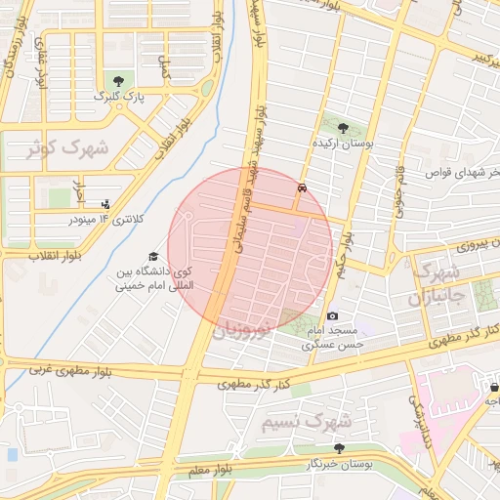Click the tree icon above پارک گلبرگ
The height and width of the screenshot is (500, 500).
coord(119,79)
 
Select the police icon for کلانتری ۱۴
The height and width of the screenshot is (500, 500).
coord(105,204)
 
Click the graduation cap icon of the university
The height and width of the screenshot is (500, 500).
coord(153,256)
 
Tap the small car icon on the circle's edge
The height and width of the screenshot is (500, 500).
coord(303,186)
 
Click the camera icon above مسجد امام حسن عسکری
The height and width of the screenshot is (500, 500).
coord(333,315)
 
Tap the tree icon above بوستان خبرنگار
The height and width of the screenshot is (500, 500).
coord(339,448)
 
